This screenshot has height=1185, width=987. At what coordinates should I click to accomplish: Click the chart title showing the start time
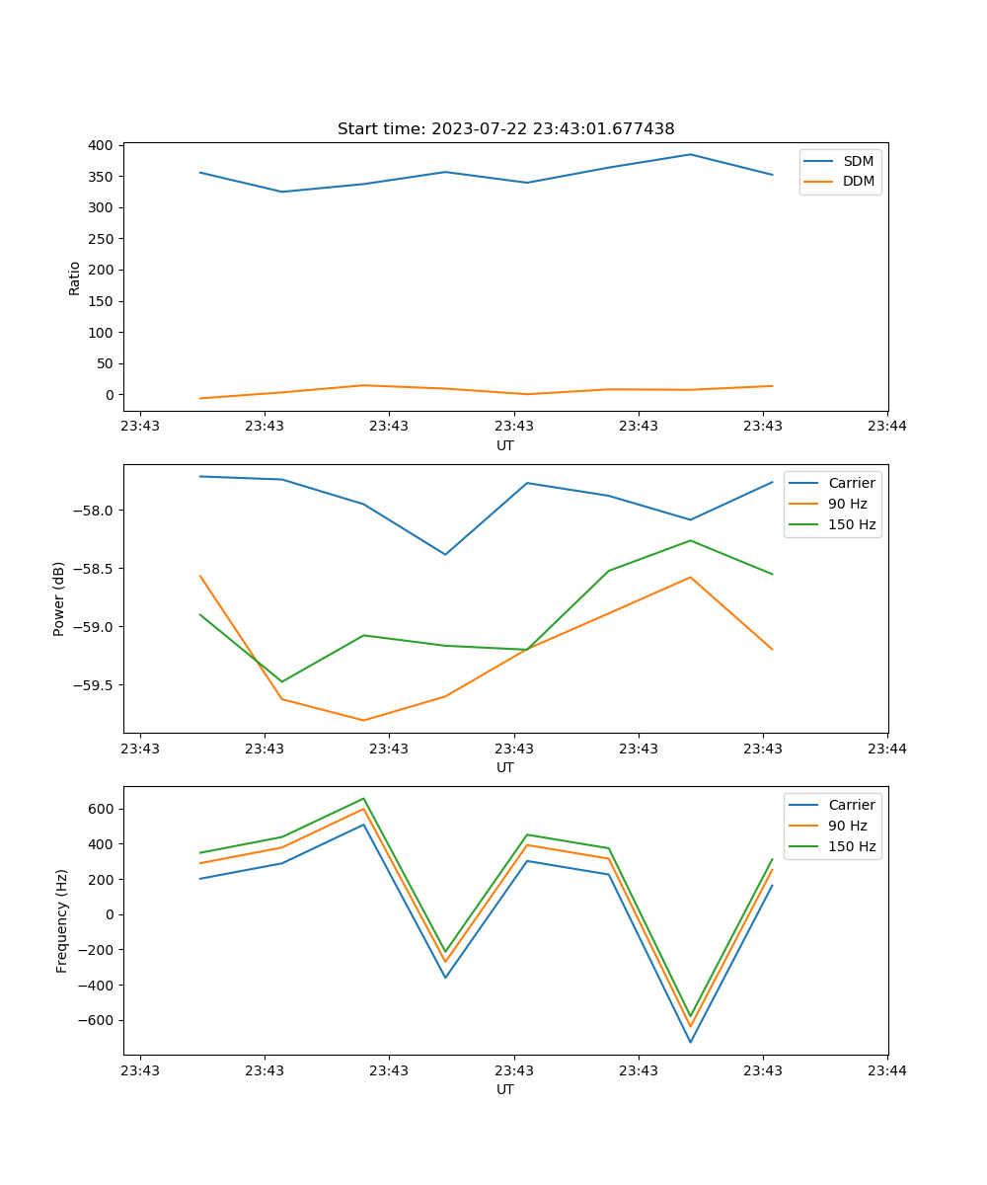click(x=505, y=129)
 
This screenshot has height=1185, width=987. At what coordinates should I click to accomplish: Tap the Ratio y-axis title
click(x=74, y=277)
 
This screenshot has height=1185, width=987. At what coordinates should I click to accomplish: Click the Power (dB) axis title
click(x=59, y=598)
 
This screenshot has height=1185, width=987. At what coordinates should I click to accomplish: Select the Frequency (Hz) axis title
click(x=61, y=920)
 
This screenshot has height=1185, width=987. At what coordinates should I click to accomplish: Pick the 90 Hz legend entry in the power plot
click(x=847, y=504)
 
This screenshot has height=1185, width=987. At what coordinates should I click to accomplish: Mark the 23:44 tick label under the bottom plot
click(x=887, y=1069)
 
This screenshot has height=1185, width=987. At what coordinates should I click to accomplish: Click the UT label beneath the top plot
click(x=505, y=445)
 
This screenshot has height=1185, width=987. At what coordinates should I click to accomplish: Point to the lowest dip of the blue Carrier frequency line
click(x=690, y=1042)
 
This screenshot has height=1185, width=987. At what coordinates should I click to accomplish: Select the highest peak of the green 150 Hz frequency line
click(x=363, y=799)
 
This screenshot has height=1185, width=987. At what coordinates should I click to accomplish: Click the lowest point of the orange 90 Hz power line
click(x=363, y=720)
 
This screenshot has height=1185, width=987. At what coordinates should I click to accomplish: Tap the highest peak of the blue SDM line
click(x=690, y=154)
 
